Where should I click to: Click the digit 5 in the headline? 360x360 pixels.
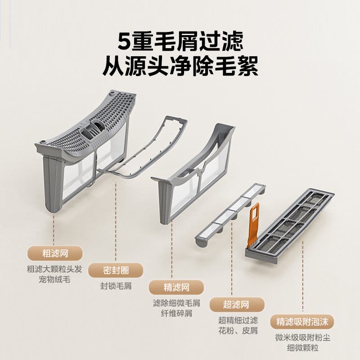(x=124, y=41)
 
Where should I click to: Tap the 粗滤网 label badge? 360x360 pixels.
(x=54, y=253)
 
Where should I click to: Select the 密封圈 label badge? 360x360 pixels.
(x=115, y=270)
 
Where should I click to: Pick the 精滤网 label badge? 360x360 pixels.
(x=176, y=287)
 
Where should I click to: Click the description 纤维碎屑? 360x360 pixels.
(x=176, y=313)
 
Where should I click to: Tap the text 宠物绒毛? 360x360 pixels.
(x=54, y=279)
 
